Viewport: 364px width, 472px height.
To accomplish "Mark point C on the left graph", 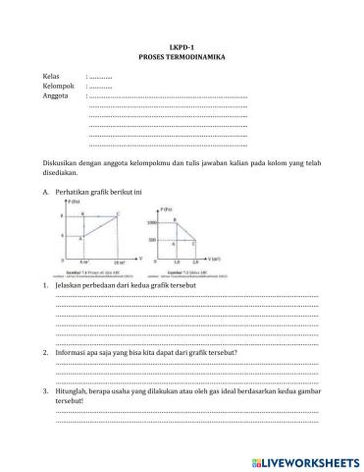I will pyautogui.click(x=117, y=213).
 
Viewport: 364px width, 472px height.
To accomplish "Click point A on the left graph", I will pyautogui.click(x=82, y=236).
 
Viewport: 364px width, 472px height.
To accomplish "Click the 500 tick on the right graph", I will pyautogui.click(x=154, y=240).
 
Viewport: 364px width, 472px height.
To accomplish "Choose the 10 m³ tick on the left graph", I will pyautogui.click(x=118, y=264).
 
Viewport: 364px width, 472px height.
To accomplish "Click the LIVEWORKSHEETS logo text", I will pyautogui.click(x=304, y=460).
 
